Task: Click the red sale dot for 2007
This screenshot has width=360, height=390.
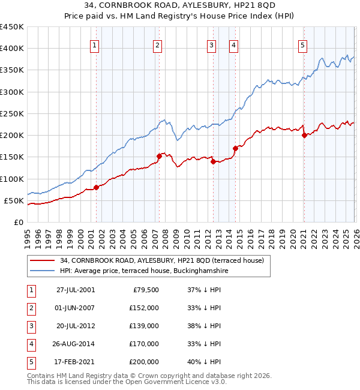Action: click(x=159, y=156)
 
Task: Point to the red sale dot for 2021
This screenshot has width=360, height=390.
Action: click(x=304, y=135)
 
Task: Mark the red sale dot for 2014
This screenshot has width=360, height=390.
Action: click(x=235, y=148)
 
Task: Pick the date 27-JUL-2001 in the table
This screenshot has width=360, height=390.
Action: click(x=76, y=290)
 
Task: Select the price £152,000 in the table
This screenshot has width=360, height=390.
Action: click(x=144, y=308)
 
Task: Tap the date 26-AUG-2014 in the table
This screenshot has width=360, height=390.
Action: click(x=76, y=344)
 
